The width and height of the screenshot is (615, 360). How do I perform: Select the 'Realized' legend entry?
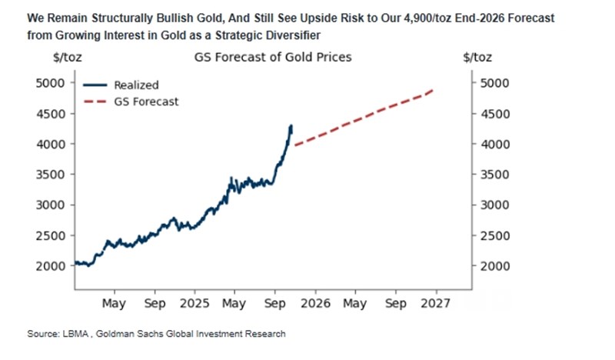pos(135,85)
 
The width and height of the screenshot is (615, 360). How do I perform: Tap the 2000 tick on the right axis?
pos(494,266)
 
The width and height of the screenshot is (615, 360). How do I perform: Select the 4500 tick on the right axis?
pos(494,114)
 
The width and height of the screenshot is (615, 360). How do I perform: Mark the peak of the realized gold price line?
pos(291,125)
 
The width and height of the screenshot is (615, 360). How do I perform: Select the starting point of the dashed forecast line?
pos(294,145)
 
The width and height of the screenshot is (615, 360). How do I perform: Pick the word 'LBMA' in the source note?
pos(75,334)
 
